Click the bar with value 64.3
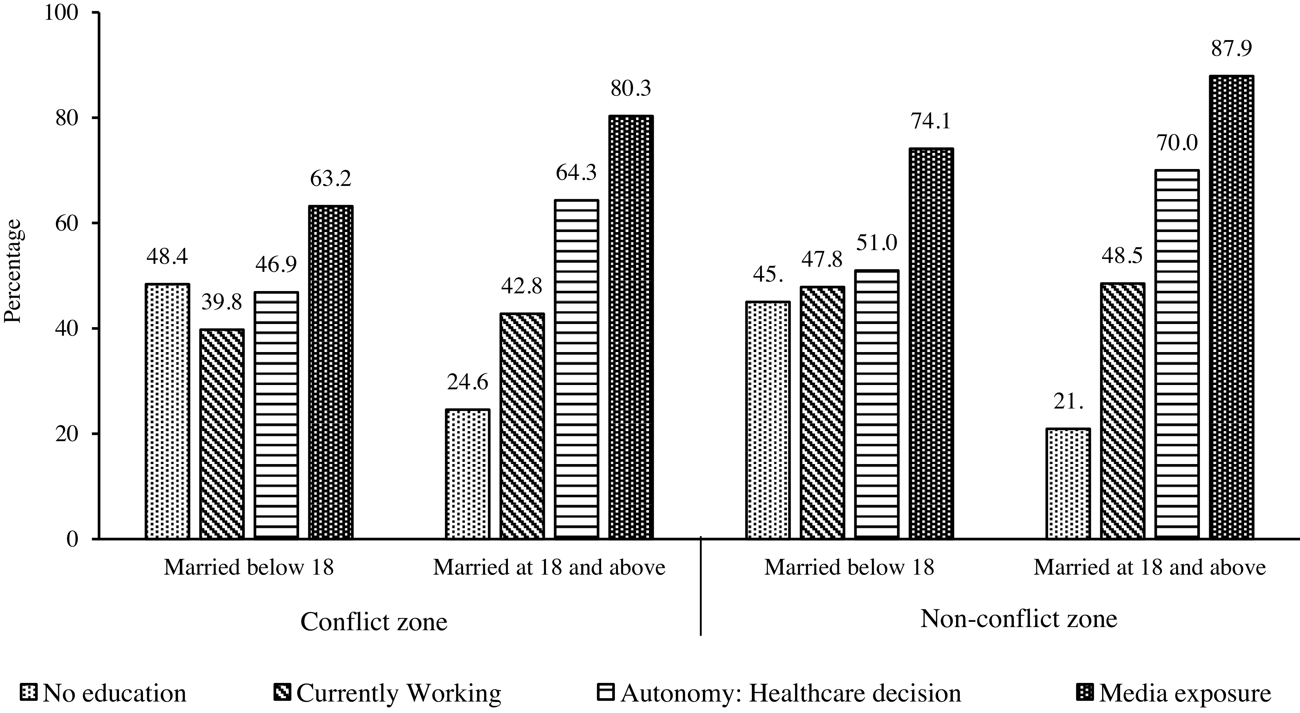click(576, 369)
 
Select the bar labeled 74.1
click(931, 343)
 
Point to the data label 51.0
click(877, 243)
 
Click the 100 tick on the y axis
click(62, 13)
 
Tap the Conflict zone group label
click(374, 622)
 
